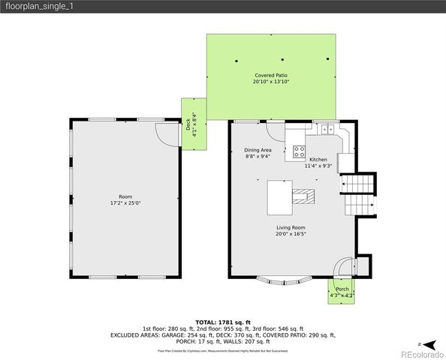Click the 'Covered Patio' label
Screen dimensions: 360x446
click(x=270, y=75)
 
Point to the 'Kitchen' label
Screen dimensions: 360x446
click(x=318, y=160)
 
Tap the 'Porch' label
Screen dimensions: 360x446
click(x=342, y=289)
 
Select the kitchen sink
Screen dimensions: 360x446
click(x=327, y=130)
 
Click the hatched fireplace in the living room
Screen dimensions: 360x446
click(x=303, y=197)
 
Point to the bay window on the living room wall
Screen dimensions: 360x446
click(x=288, y=283)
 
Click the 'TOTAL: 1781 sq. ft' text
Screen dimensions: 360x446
click(x=223, y=322)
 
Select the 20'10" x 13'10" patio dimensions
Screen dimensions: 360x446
click(x=270, y=82)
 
